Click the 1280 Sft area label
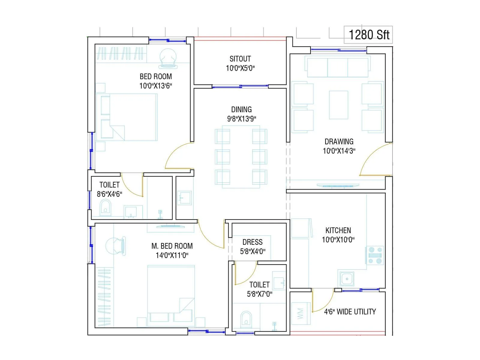click(369, 35)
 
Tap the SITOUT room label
click(240, 59)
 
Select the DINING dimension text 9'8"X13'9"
click(241, 119)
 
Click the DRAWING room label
click(339, 142)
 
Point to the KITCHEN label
click(338, 230)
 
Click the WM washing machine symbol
click(300, 313)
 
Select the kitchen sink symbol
click(347, 279)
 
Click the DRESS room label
click(252, 242)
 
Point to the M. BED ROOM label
click(172, 246)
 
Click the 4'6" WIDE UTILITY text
click(350, 312)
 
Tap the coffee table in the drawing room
click(338, 105)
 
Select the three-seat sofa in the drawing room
click(337, 67)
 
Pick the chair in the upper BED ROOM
click(168, 58)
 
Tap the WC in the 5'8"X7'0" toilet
click(246, 319)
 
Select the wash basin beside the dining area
click(184, 198)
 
